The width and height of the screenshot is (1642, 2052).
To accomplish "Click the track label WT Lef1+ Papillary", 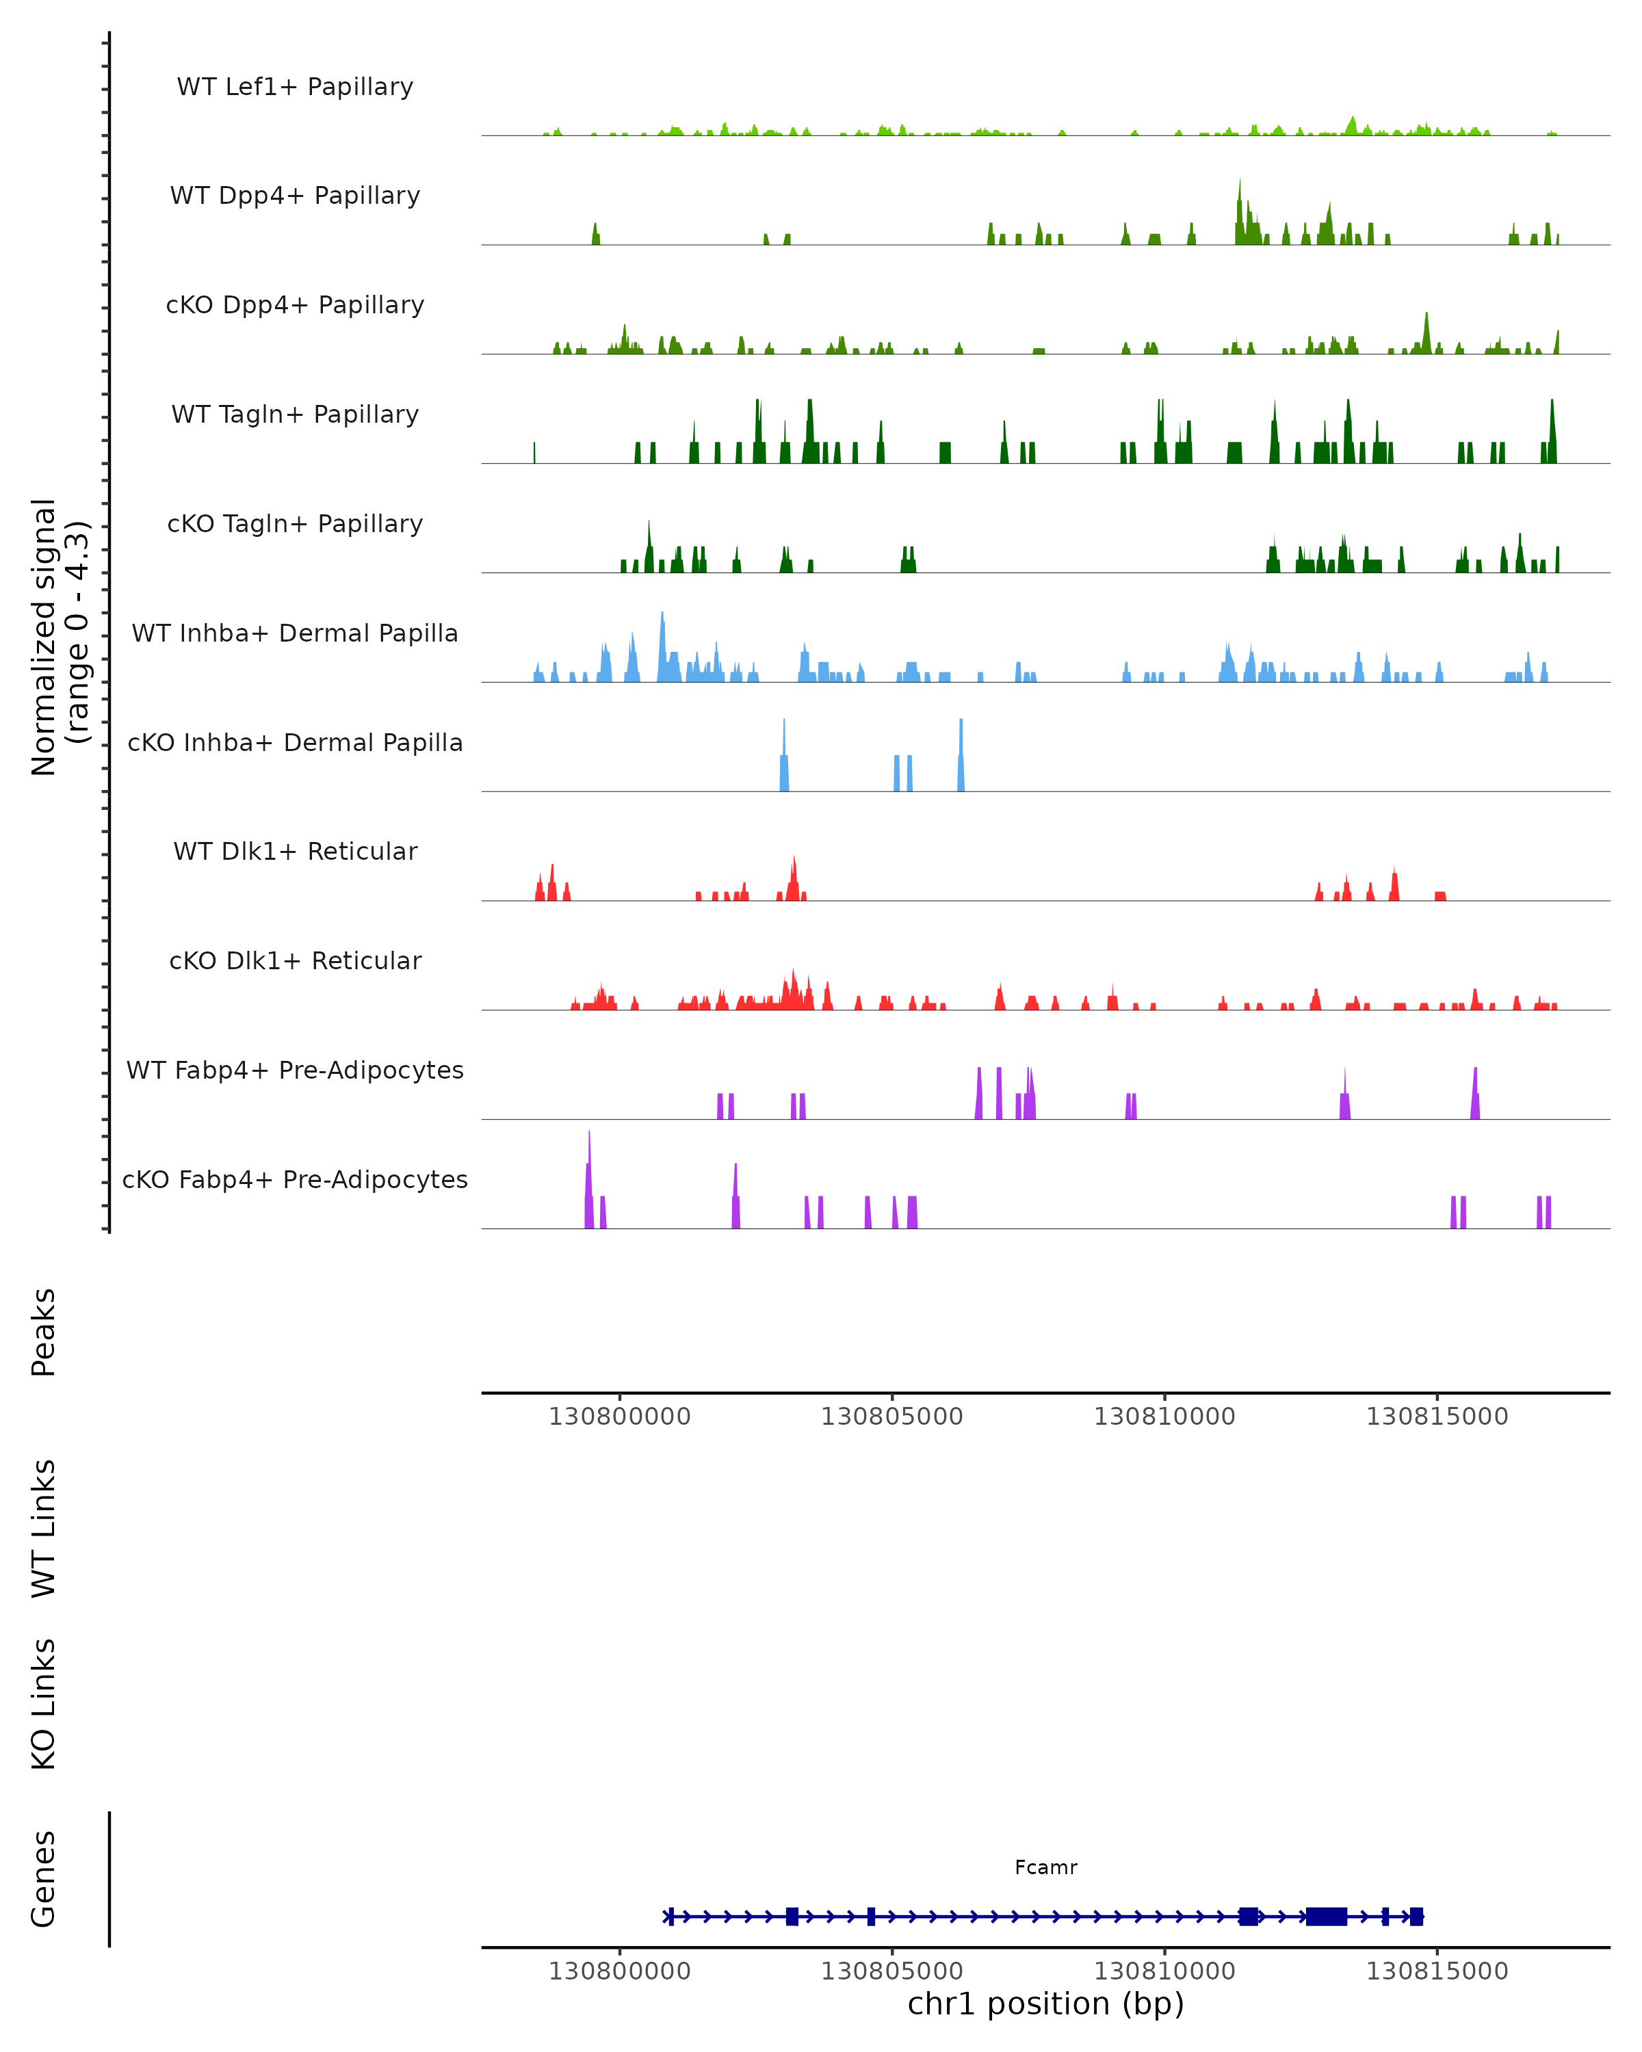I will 295,87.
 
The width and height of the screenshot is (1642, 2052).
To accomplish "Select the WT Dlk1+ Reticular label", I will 295,851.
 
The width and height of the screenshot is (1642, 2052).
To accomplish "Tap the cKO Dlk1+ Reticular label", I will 295,960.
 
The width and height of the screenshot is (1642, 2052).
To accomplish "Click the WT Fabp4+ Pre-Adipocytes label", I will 295,1070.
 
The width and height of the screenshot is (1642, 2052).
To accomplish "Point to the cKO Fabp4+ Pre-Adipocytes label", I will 295,1179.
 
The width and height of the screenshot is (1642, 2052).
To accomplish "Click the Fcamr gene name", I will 1045,1867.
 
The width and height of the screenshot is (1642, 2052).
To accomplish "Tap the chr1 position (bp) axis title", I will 1045,2003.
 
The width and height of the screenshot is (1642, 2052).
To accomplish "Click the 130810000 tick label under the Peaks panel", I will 1164,1417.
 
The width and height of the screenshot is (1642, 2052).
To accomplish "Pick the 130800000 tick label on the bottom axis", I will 620,1971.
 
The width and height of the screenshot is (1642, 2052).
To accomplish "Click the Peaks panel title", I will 44,1332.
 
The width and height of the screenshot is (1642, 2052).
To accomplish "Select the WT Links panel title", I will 44,1527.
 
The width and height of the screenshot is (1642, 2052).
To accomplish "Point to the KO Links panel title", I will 44,1704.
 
